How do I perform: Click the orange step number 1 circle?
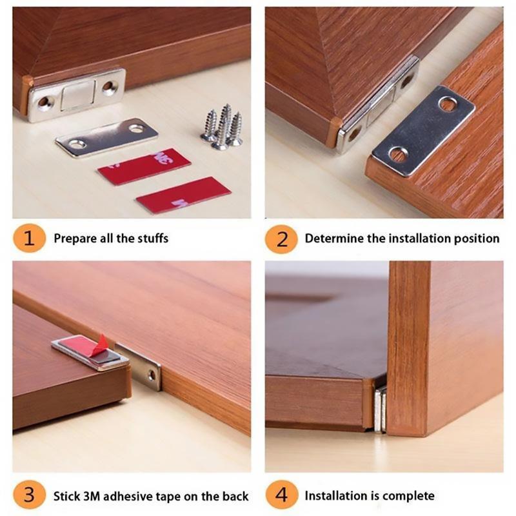point(28,238)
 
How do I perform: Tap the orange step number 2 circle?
point(282,238)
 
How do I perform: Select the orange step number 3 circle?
point(28,496)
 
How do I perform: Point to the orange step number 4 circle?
point(282,496)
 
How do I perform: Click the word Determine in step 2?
point(334,239)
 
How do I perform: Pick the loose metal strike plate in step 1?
point(106,137)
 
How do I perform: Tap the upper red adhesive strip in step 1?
point(144,166)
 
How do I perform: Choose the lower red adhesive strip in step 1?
point(183,195)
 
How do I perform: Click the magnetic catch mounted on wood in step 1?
point(76,95)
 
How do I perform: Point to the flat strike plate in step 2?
point(423,130)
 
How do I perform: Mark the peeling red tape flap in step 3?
point(99,344)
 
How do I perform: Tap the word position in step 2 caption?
point(477,239)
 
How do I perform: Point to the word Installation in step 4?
point(337,496)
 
